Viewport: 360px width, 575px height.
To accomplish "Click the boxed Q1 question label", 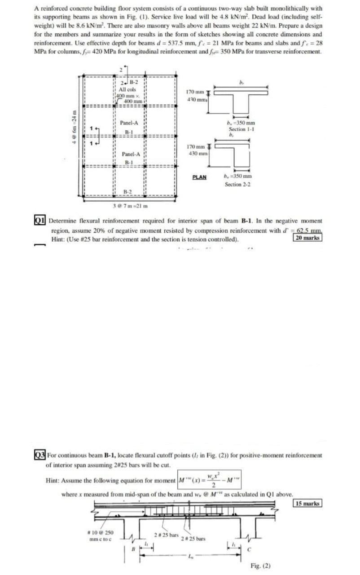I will (40, 221).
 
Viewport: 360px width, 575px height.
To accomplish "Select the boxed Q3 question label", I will (40, 455).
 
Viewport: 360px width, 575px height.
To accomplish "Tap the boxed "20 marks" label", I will (307, 238).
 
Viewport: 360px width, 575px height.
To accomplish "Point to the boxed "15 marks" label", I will (307, 503).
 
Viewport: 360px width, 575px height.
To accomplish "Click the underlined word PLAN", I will (199, 177).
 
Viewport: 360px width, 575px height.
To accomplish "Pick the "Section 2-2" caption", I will (238, 185).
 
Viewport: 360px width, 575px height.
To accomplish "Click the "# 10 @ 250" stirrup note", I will (100, 532).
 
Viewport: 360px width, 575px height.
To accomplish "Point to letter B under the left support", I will (133, 548).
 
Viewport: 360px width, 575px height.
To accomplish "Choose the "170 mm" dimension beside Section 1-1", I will (198, 92).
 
